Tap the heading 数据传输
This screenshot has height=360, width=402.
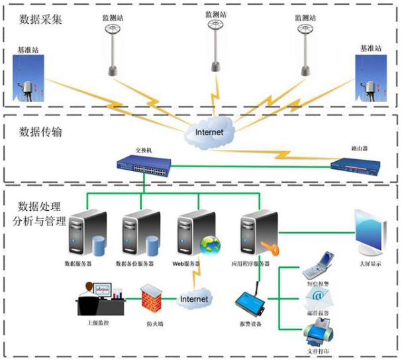click(40, 131)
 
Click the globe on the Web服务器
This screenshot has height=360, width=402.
click(210, 245)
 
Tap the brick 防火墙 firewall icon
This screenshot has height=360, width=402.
click(151, 299)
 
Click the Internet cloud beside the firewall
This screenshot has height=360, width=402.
click(193, 300)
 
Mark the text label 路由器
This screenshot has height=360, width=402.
click(358, 150)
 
